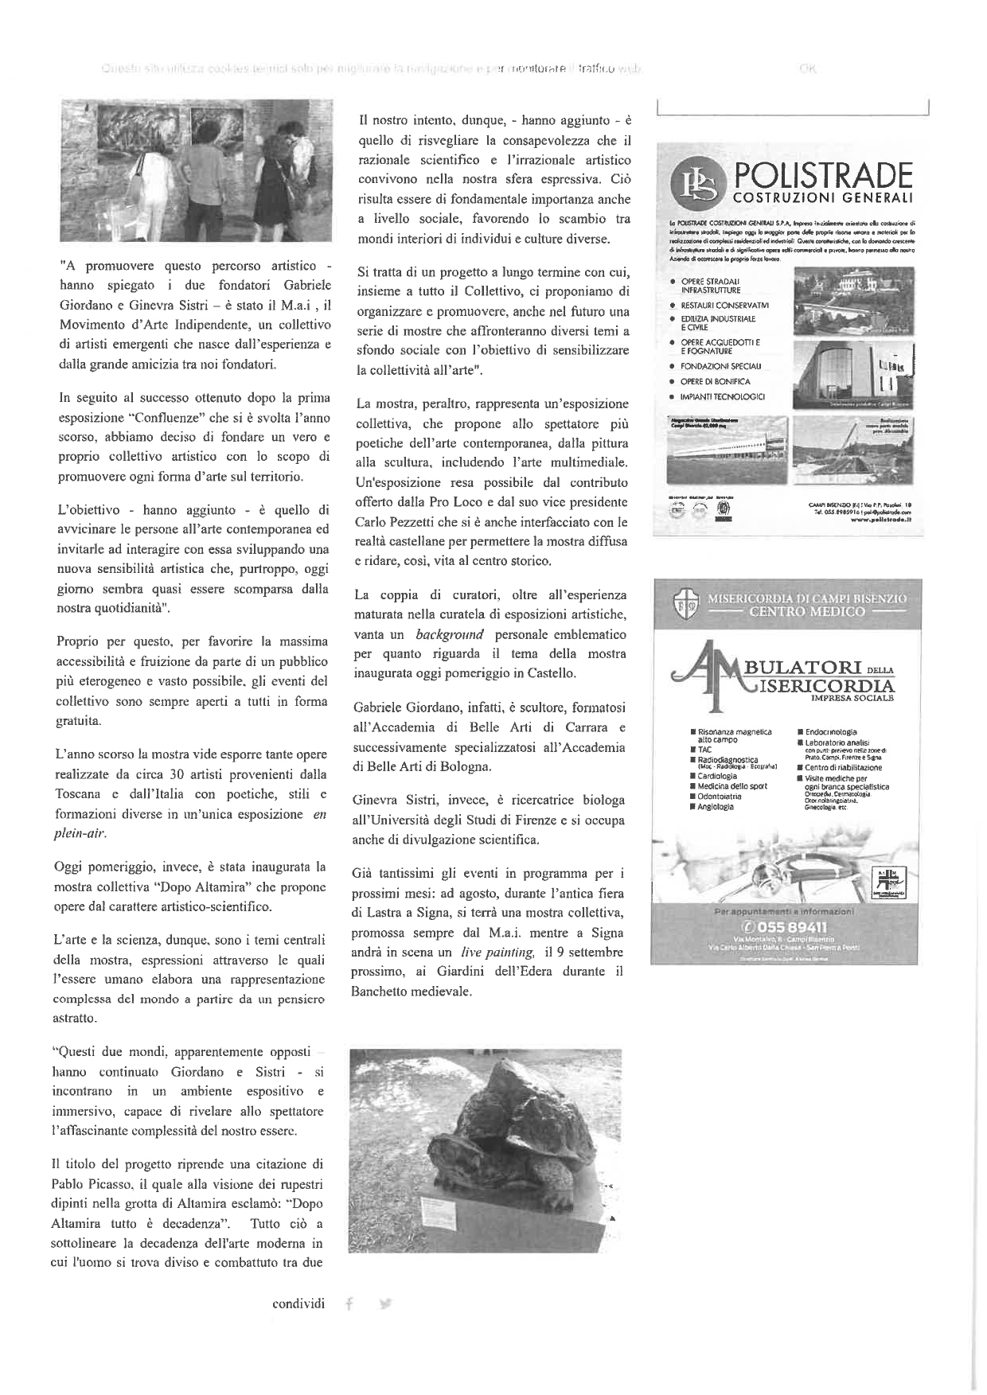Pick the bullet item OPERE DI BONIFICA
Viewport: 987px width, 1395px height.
[x=715, y=381]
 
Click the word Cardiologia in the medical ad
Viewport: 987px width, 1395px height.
[x=718, y=776]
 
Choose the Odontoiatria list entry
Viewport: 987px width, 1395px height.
[x=720, y=796]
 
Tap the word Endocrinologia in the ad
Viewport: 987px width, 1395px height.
[x=831, y=732]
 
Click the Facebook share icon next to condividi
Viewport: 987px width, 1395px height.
[x=348, y=1303]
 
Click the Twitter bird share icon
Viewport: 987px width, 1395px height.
[x=386, y=1303]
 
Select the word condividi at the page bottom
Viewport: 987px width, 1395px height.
[x=298, y=1303]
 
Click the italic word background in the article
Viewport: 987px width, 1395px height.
[x=449, y=635]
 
